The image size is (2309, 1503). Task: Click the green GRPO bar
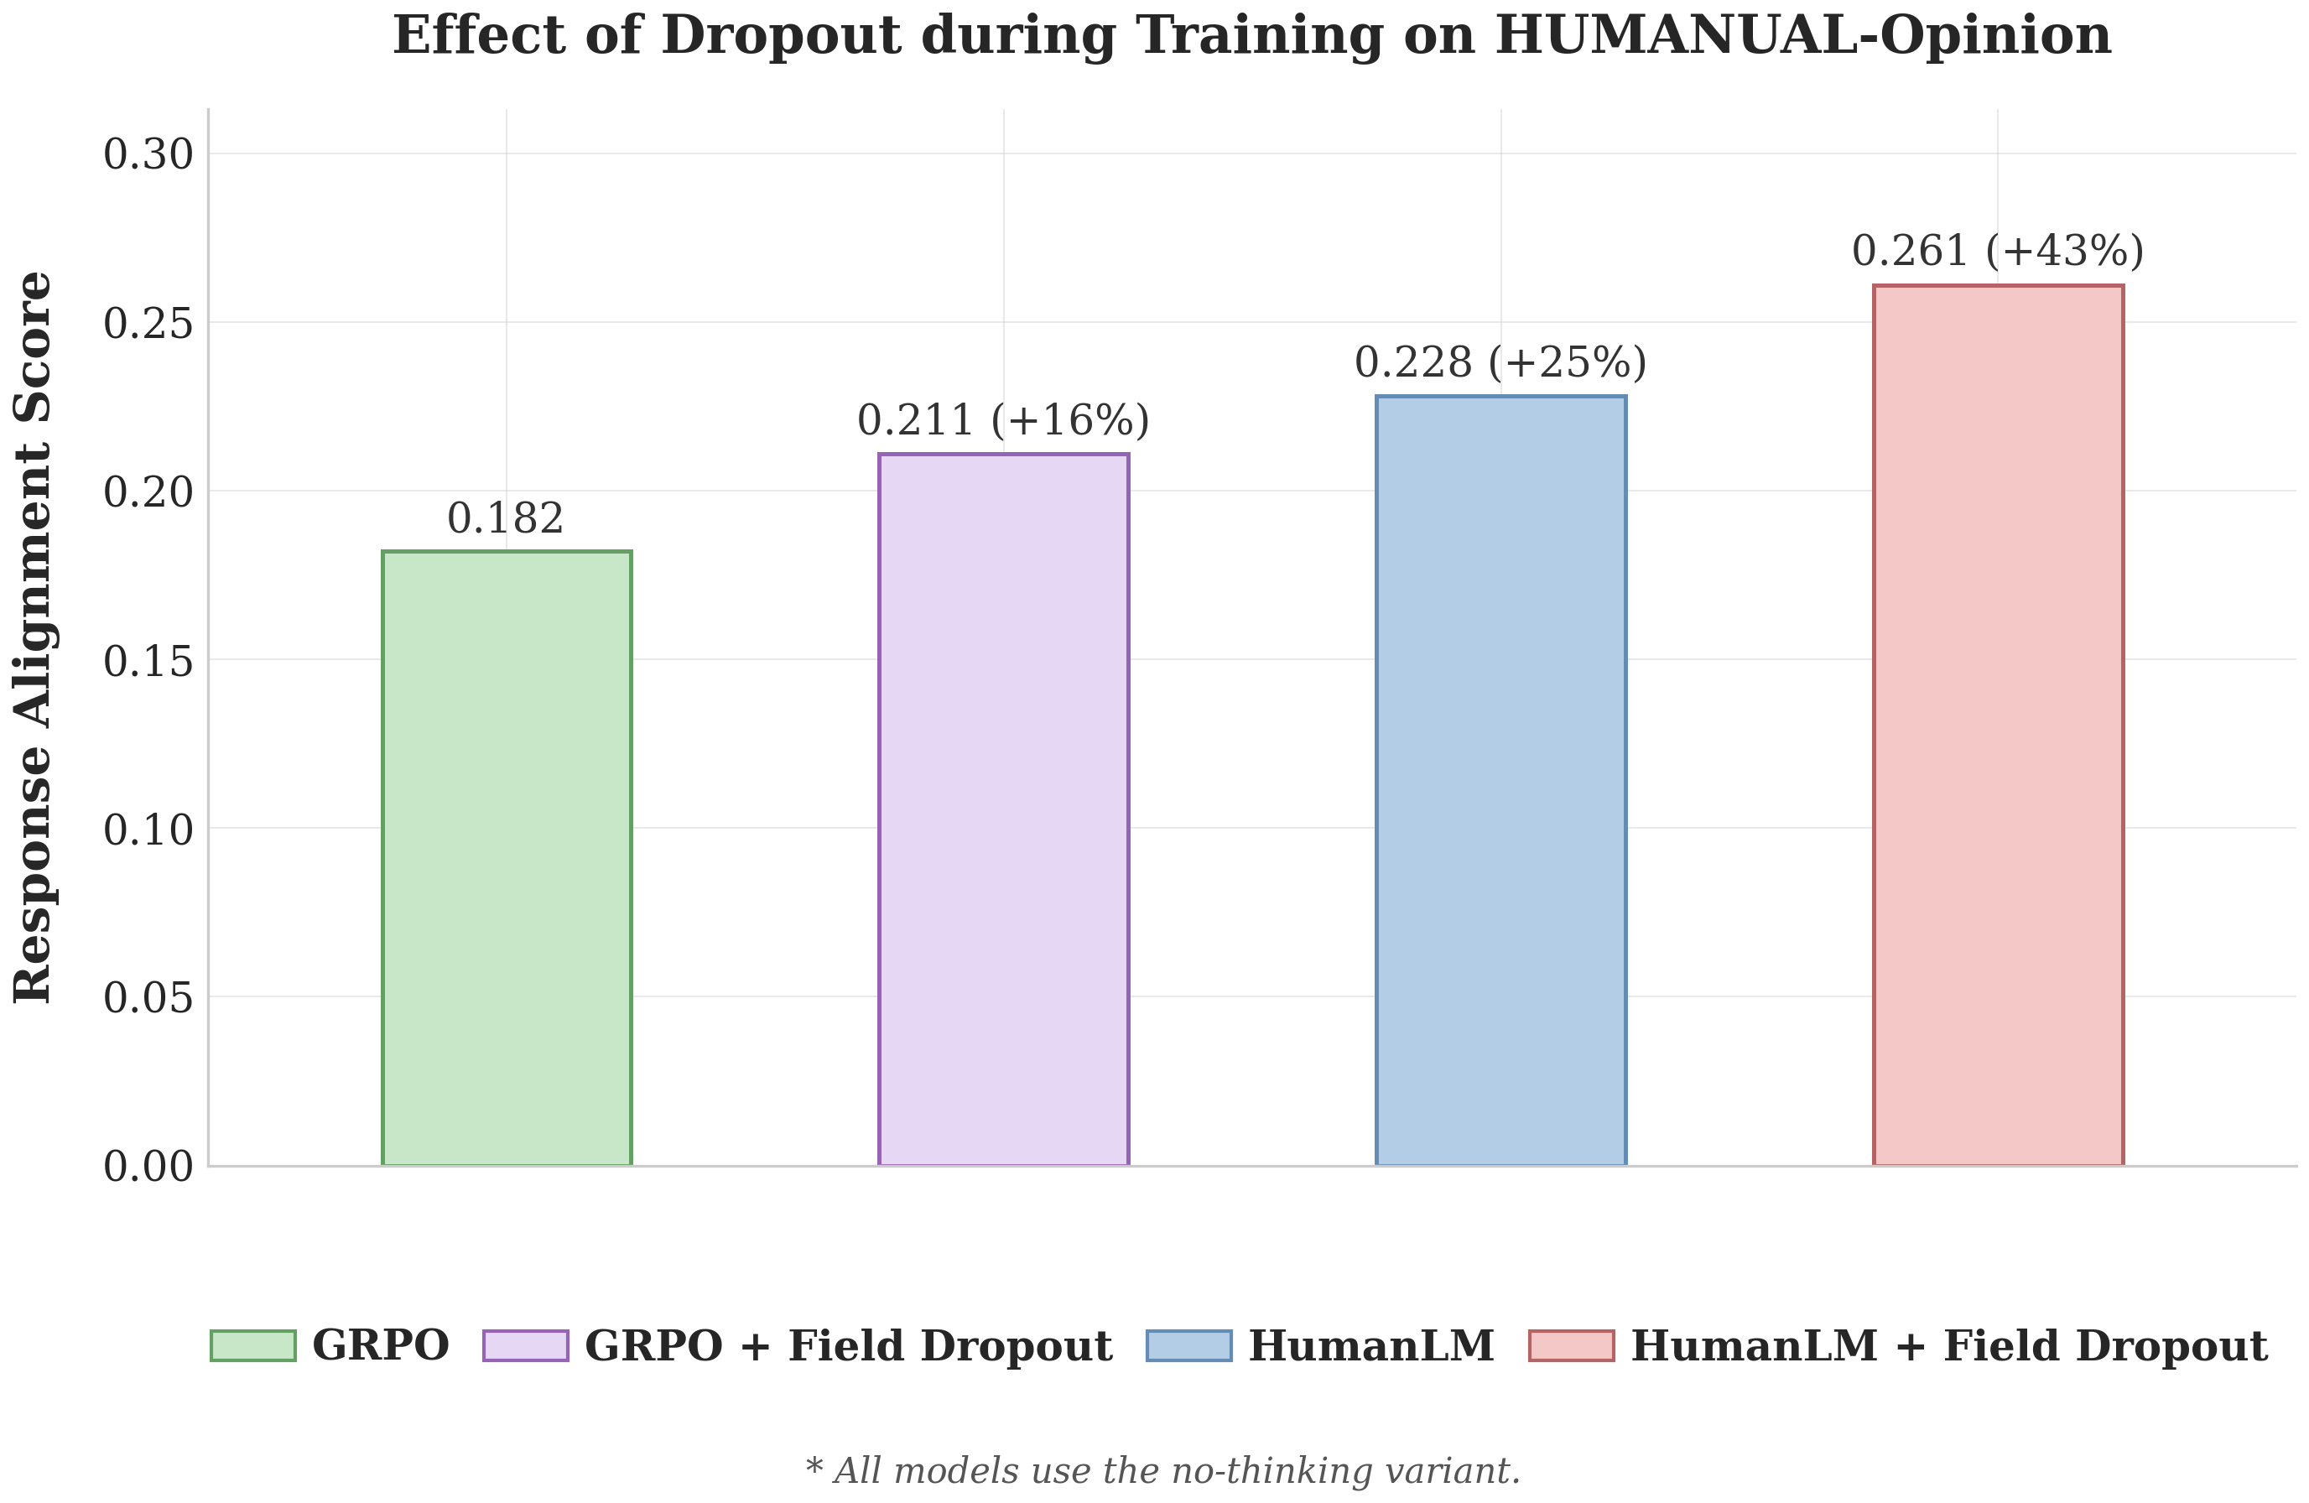pyautogui.click(x=507, y=858)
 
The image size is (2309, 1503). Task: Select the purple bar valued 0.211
pyautogui.click(x=1003, y=809)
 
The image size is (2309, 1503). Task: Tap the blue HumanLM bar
pyautogui.click(x=1500, y=780)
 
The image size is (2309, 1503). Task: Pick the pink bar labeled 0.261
pyautogui.click(x=1998, y=725)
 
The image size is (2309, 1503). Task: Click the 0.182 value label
pyautogui.click(x=506, y=519)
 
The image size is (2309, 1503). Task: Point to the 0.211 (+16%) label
pyautogui.click(x=1003, y=421)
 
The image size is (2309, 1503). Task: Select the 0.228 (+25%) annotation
pyautogui.click(x=1500, y=363)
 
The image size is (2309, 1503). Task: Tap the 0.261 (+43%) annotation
pyautogui.click(x=1998, y=252)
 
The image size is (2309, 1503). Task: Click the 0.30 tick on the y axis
pyautogui.click(x=148, y=154)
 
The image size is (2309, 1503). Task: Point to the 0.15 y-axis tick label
pyautogui.click(x=148, y=662)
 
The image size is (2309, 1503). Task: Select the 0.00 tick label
pyautogui.click(x=148, y=1167)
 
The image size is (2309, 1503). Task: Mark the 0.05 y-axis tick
pyautogui.click(x=148, y=997)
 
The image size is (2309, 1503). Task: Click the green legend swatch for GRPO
pyautogui.click(x=253, y=1346)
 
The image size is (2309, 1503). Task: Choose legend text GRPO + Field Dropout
pyautogui.click(x=848, y=1346)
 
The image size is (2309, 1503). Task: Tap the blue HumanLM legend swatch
pyautogui.click(x=1188, y=1346)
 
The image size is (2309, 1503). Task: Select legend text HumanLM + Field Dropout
pyautogui.click(x=1949, y=1346)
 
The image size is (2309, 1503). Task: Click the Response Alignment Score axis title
pyautogui.click(x=34, y=637)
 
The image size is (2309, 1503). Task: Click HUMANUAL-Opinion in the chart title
pyautogui.click(x=1802, y=36)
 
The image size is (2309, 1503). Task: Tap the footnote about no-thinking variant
pyautogui.click(x=1162, y=1471)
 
